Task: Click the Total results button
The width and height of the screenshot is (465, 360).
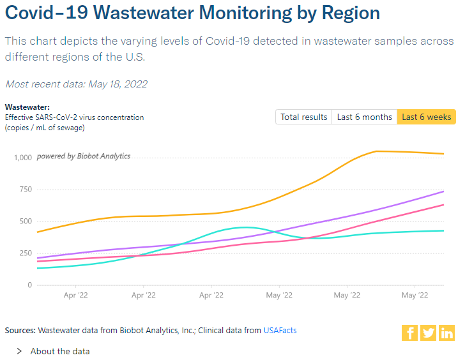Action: [304, 117]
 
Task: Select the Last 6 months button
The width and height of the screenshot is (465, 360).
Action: [365, 117]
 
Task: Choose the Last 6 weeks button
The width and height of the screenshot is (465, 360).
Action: [427, 117]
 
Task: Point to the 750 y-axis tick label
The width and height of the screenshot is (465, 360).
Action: [24, 190]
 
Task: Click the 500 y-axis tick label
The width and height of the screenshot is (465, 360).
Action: [24, 221]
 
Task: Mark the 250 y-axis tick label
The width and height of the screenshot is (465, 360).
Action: [24, 253]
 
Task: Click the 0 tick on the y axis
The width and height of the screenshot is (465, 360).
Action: [29, 285]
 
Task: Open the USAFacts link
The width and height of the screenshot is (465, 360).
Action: [280, 331]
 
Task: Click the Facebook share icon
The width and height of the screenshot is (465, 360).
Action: [409, 333]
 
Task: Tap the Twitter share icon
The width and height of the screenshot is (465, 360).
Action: [428, 333]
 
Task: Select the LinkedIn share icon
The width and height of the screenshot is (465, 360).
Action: [446, 333]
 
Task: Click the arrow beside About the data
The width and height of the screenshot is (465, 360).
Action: [19, 351]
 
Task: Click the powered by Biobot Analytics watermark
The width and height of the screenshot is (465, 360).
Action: [83, 156]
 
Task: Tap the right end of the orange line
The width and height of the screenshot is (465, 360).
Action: [443, 154]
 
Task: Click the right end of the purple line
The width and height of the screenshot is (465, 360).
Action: [443, 191]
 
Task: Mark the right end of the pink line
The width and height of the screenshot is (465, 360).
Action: [443, 205]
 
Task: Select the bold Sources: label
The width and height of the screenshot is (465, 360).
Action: [20, 331]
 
